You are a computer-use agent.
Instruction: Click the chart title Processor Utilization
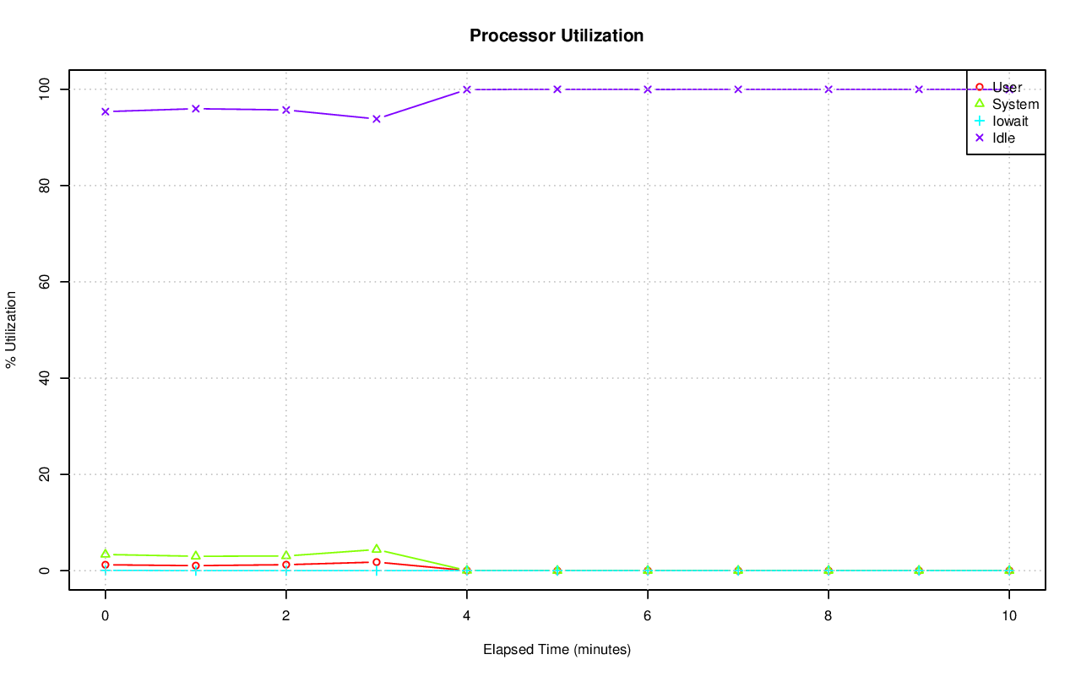click(557, 36)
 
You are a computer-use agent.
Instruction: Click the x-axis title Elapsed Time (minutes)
click(557, 650)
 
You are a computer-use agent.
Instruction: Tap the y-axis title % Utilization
click(11, 330)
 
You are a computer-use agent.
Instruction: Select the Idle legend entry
click(1003, 138)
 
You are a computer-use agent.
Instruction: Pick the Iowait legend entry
click(1009, 121)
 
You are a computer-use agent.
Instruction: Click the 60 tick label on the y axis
click(45, 281)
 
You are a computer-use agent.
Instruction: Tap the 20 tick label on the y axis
click(45, 474)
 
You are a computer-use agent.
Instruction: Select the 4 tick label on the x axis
click(466, 616)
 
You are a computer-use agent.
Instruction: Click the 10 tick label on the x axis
click(1008, 616)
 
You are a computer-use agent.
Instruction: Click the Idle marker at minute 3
click(376, 118)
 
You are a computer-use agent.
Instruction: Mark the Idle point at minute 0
click(105, 111)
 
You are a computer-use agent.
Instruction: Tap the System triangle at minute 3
click(376, 549)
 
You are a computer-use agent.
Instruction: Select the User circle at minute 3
click(376, 562)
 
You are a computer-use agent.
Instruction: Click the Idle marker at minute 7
click(737, 89)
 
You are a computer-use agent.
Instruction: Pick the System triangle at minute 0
click(105, 554)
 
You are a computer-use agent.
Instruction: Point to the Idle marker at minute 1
click(195, 108)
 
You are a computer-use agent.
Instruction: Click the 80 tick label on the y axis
click(45, 185)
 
